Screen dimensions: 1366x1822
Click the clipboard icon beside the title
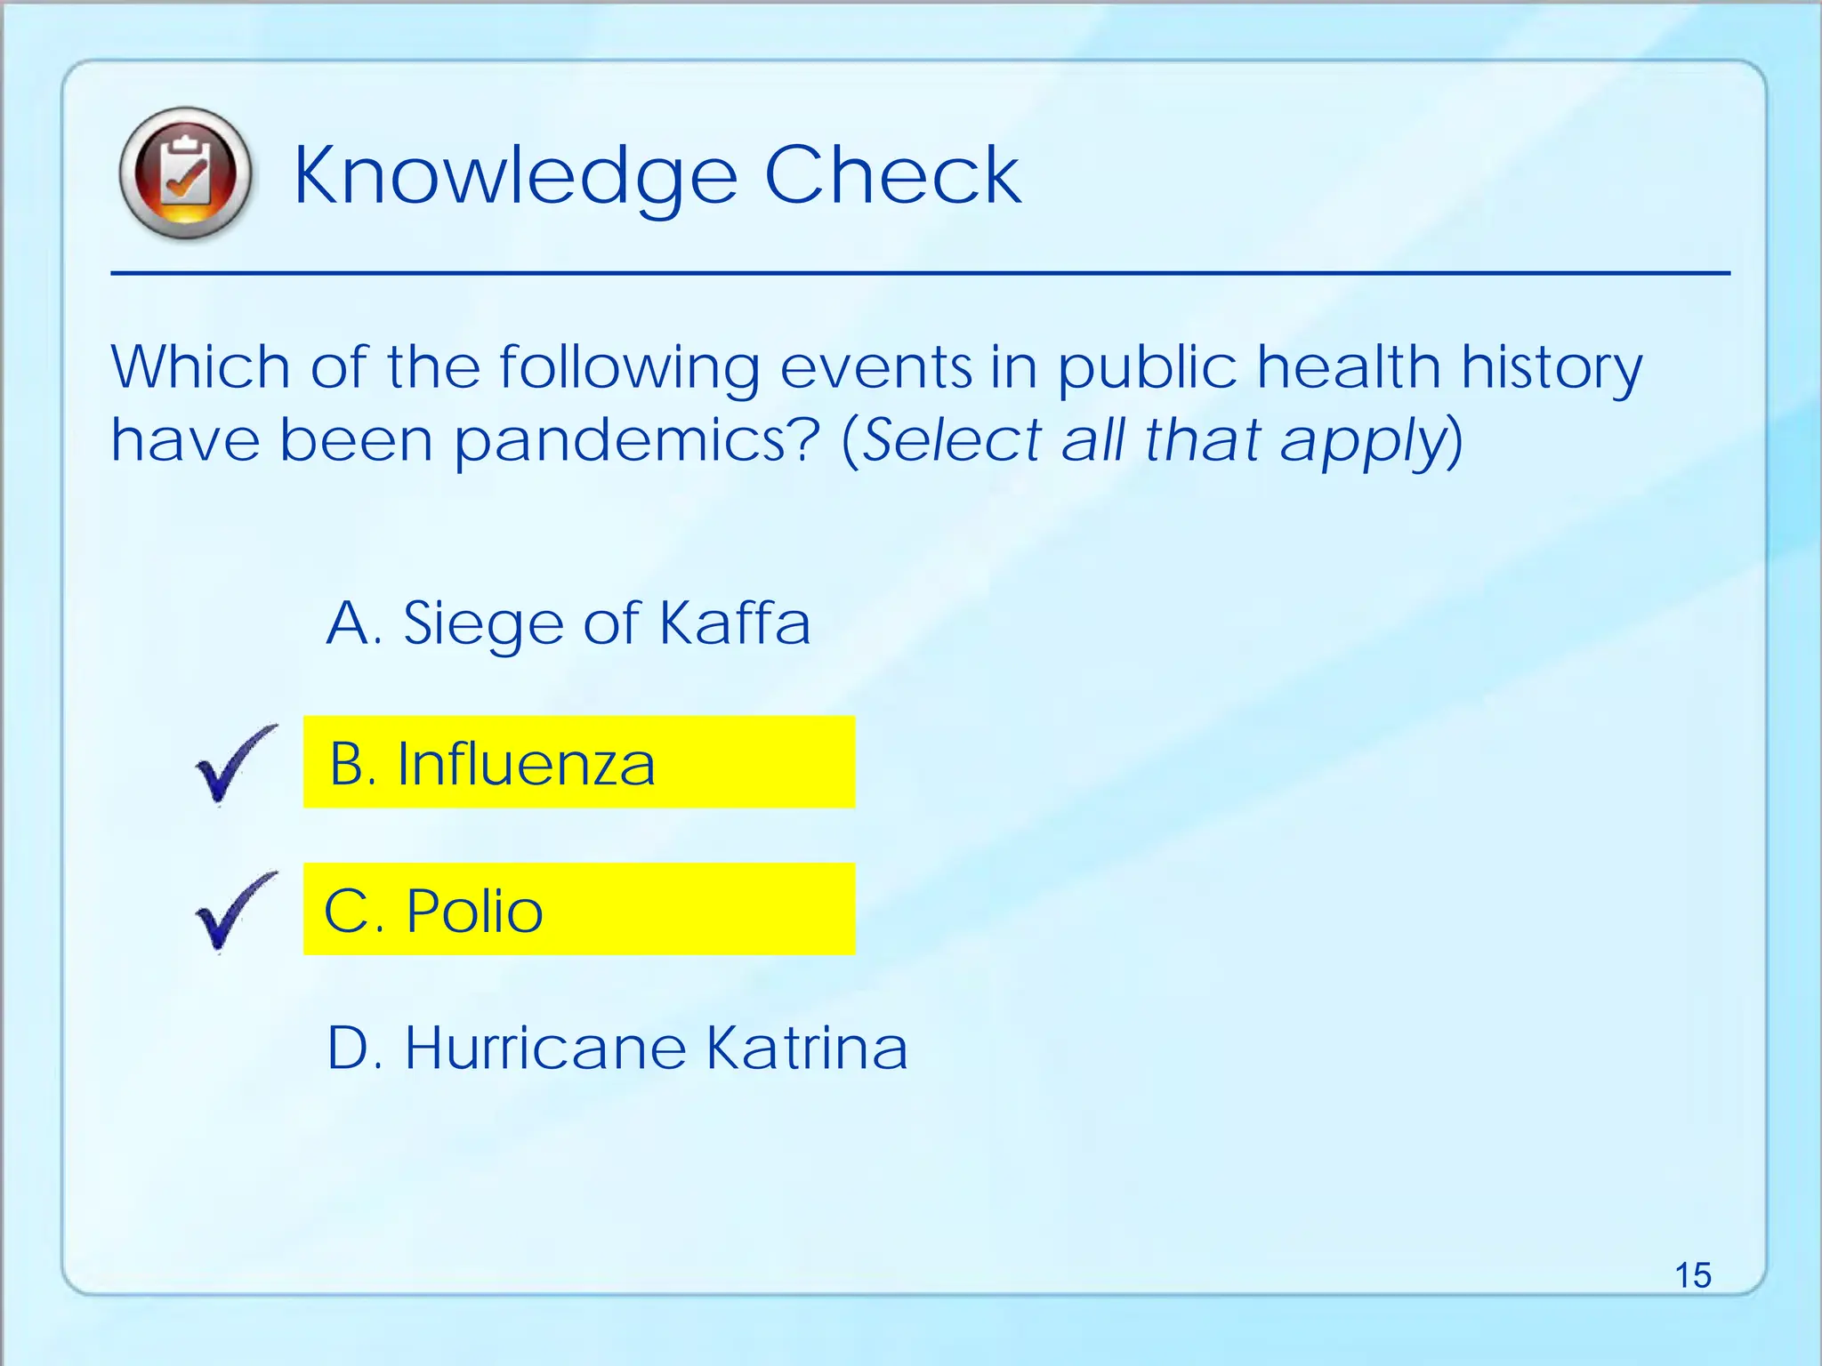coord(185,173)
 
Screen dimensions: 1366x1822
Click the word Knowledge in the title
coord(516,176)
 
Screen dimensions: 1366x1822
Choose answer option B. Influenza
coord(578,763)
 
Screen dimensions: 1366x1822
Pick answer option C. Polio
coord(578,910)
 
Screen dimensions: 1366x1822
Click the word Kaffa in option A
coord(735,623)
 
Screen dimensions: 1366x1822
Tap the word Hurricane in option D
coord(545,1048)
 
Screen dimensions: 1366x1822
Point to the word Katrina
coord(807,1048)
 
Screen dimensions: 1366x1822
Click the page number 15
coord(1692,1275)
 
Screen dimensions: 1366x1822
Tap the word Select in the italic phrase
coord(952,440)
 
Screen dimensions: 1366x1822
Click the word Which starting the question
coord(201,366)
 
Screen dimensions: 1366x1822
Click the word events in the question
coord(876,366)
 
